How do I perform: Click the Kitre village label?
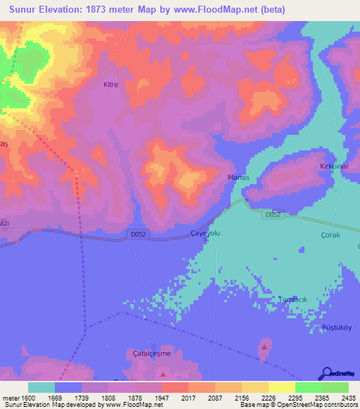coord(111,84)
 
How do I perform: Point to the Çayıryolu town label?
coord(205,233)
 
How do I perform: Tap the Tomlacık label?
coord(292,299)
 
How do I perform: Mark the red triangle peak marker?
coord(264,346)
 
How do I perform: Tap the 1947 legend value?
coord(161,397)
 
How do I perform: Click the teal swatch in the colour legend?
coord(41,387)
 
